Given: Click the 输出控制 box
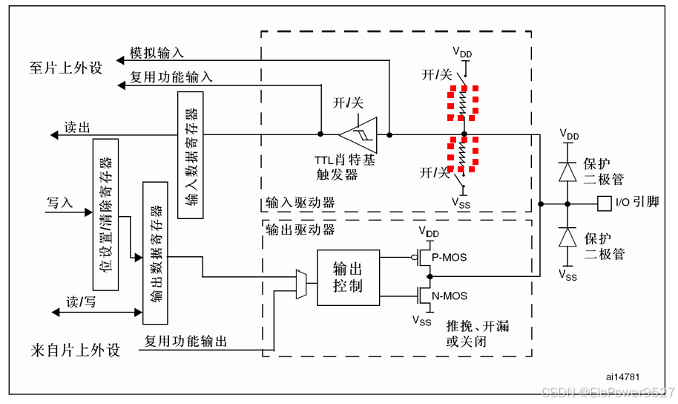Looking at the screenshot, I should [x=348, y=277].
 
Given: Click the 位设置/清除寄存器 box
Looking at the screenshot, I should [x=106, y=214].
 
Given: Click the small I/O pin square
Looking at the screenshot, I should [x=604, y=202].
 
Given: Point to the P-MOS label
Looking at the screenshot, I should [x=450, y=257].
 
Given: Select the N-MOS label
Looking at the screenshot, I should [x=450, y=296].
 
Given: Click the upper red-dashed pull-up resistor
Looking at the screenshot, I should [x=464, y=102].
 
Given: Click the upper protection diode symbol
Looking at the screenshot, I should [x=567, y=171].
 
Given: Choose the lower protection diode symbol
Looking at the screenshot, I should [x=567, y=236].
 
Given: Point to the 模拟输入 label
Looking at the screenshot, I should [x=157, y=53].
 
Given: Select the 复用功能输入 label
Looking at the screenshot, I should [x=171, y=76].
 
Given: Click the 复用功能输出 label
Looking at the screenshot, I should [x=185, y=342].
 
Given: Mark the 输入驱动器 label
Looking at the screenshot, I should [x=300, y=203].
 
